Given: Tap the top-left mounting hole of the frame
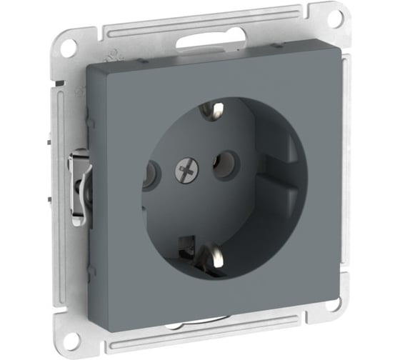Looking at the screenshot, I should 67,48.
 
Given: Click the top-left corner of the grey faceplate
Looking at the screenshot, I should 87,67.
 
